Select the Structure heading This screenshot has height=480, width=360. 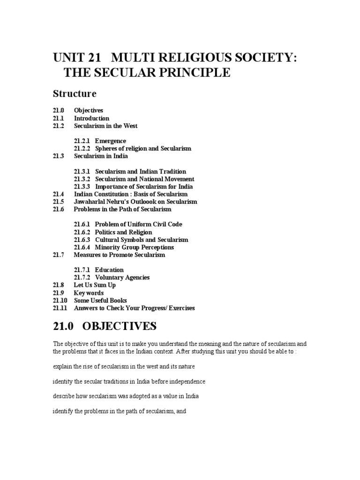click(x=75, y=94)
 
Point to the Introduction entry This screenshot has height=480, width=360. click(x=91, y=118)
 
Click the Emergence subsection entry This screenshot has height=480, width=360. click(x=110, y=141)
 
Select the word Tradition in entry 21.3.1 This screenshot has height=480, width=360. click(x=173, y=172)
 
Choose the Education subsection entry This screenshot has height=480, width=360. click(x=109, y=270)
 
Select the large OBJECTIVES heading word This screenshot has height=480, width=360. click(x=120, y=326)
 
